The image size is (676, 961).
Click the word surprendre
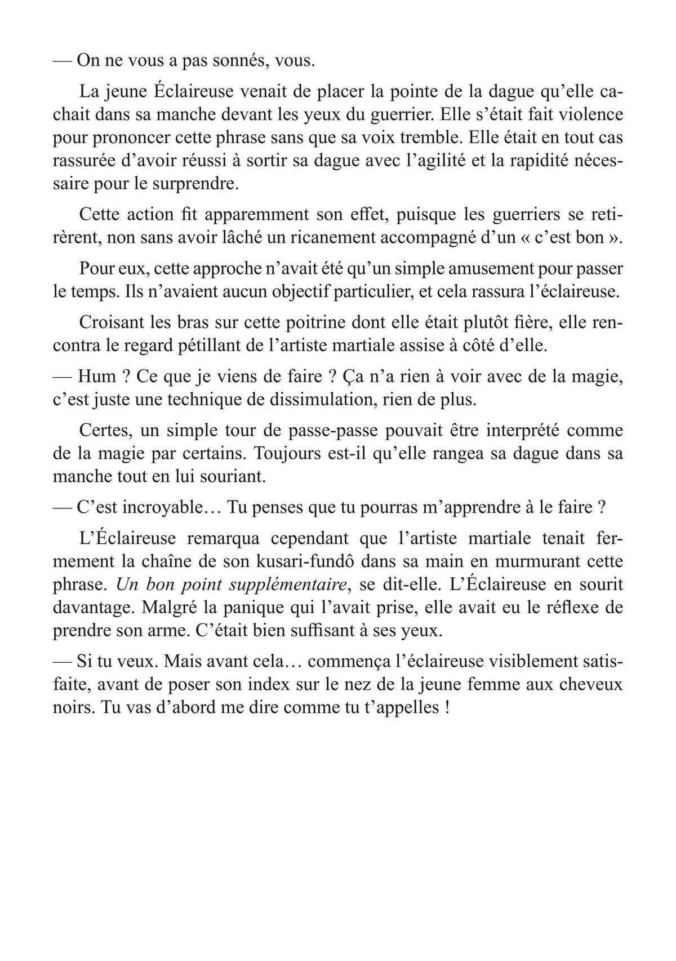(x=194, y=184)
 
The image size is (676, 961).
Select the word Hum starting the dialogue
(x=97, y=377)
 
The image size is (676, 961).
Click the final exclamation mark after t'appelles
(x=447, y=707)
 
